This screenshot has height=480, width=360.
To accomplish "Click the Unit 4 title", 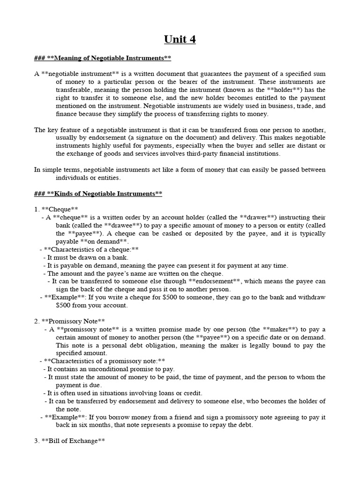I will coord(180,39).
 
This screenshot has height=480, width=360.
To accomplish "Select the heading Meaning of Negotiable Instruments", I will coord(103,58).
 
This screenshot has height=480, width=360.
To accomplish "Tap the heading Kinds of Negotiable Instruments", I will coord(98,194).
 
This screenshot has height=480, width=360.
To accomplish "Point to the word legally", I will coord(274,345).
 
